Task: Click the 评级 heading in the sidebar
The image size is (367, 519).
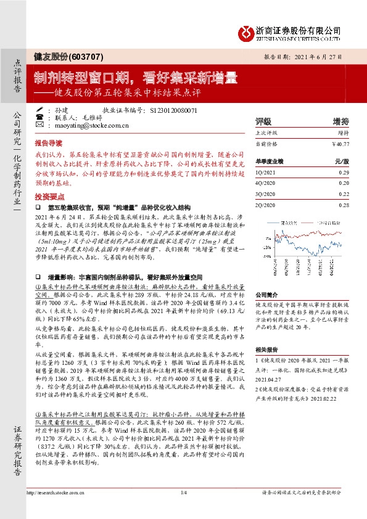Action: [x=263, y=121]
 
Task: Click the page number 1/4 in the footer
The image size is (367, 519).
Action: [x=183, y=509]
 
